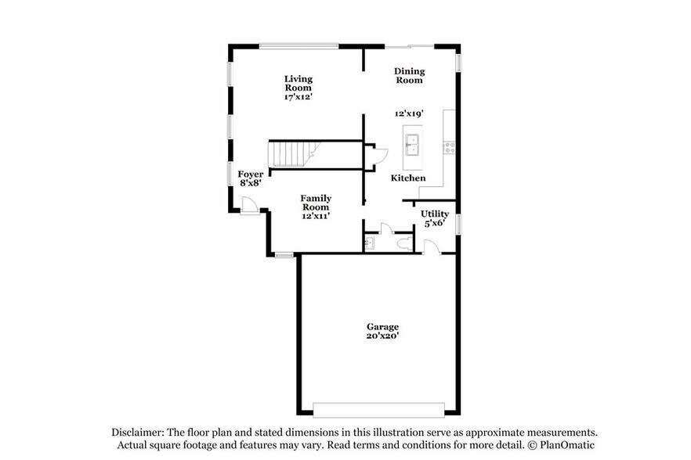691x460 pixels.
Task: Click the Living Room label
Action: pos(298,84)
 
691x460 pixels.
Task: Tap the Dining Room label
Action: pos(409,75)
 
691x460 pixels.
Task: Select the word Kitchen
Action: pos(408,178)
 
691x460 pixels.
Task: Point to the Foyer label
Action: pos(251,174)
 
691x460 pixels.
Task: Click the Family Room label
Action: pos(316,203)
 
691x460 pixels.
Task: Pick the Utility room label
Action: pos(435,214)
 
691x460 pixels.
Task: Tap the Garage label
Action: pos(382,326)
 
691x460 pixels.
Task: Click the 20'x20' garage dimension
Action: pos(382,336)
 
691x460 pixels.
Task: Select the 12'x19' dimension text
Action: pos(409,114)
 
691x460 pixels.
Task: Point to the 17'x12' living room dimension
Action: pos(298,98)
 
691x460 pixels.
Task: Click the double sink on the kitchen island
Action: pos(413,146)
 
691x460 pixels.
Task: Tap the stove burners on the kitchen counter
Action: pos(450,146)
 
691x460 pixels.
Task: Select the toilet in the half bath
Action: pos(404,244)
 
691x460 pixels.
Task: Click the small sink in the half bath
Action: pos(369,244)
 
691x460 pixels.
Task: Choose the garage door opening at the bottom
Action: pos(379,410)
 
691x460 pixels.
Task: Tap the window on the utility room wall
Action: pos(459,223)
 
